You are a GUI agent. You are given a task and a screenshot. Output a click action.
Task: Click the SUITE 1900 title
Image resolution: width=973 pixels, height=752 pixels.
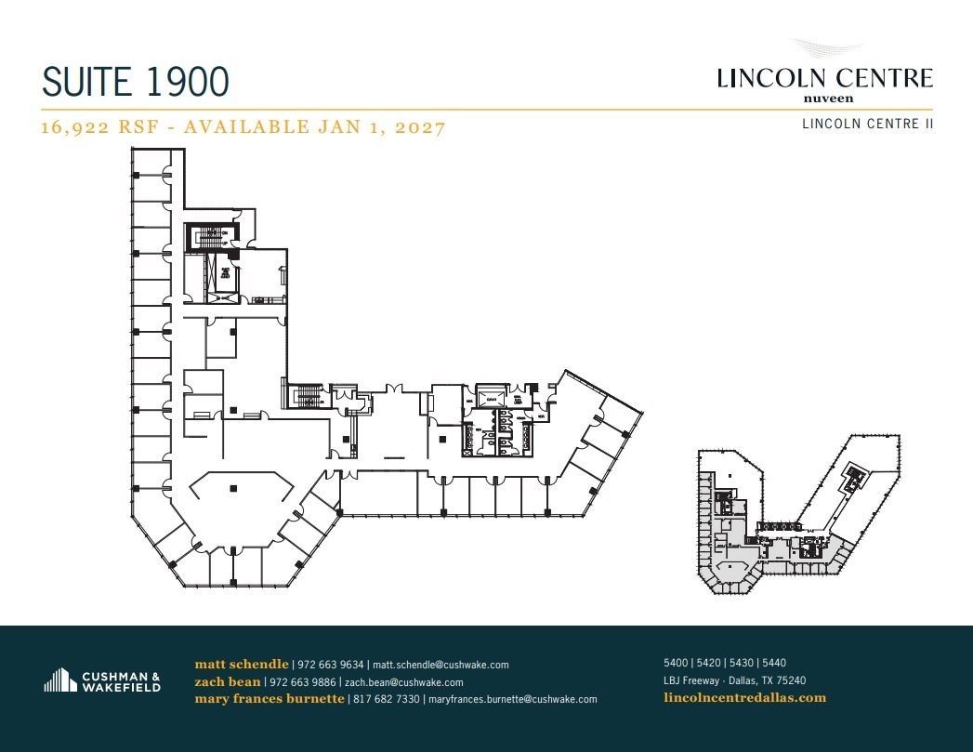pos(136,82)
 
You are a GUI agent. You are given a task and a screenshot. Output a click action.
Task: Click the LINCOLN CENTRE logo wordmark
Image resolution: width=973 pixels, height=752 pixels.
pos(824,78)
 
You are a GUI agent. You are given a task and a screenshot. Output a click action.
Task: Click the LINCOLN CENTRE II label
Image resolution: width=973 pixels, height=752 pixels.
pos(867,124)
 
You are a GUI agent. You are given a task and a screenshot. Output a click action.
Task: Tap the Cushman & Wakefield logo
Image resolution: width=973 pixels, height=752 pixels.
pos(102,681)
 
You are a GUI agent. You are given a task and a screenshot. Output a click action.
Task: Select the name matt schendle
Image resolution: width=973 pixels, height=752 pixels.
pos(242,665)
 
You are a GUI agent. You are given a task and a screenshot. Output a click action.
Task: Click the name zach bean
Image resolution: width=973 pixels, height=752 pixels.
pos(227,681)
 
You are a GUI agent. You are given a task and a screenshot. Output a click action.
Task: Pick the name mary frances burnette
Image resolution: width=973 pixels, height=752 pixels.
pos(270,699)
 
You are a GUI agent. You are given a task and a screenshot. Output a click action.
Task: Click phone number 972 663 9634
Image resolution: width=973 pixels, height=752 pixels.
pos(330,665)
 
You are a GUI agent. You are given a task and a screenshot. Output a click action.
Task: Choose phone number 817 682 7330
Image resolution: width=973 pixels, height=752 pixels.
pos(386,699)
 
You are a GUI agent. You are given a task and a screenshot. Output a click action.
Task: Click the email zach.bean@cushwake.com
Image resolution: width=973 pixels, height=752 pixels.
pos(403,682)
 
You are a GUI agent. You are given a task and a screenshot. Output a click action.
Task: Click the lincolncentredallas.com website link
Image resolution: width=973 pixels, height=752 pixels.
pos(744,697)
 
